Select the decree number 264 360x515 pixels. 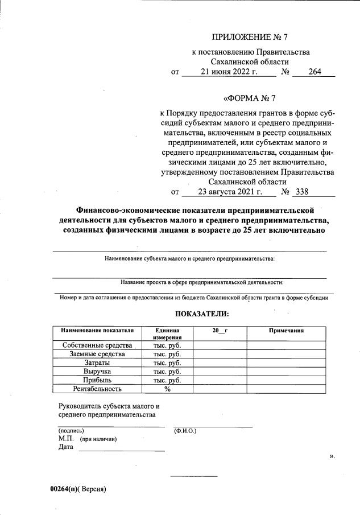[x=316, y=72]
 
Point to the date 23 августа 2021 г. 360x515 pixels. [x=230, y=192]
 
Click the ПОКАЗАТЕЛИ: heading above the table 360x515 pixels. [x=202, y=314]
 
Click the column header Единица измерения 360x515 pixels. [x=167, y=333]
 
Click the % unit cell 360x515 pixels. [x=167, y=389]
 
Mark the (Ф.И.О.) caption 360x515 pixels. [x=185, y=431]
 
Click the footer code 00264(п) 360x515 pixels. [x=64, y=489]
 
